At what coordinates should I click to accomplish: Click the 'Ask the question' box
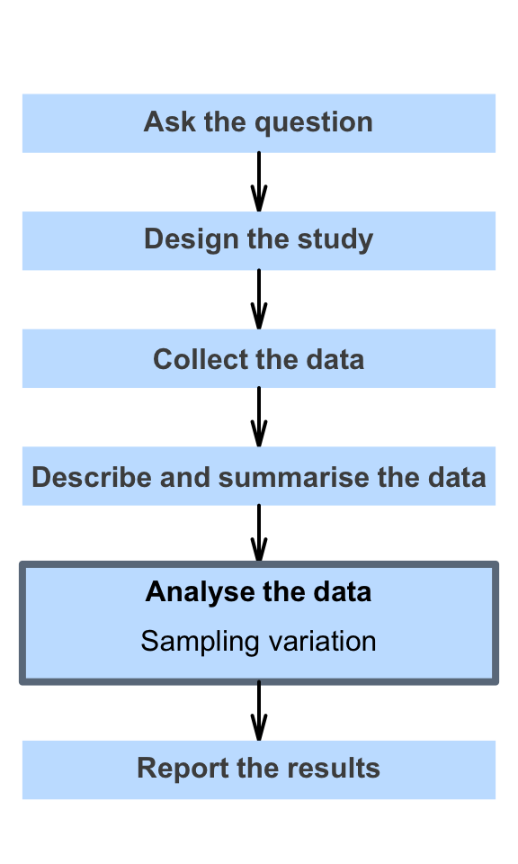coord(259,123)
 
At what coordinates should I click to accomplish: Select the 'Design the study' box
coord(259,241)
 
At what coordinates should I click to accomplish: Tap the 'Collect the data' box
coord(259,358)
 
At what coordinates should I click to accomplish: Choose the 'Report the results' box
coord(259,769)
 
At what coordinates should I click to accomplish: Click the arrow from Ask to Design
coord(259,182)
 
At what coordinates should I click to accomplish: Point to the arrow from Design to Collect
coord(259,299)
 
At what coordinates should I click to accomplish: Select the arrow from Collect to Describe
coord(259,417)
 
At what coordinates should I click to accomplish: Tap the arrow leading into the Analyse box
coord(259,533)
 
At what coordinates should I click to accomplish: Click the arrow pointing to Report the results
coord(259,711)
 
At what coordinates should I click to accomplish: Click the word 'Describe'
coord(92,477)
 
